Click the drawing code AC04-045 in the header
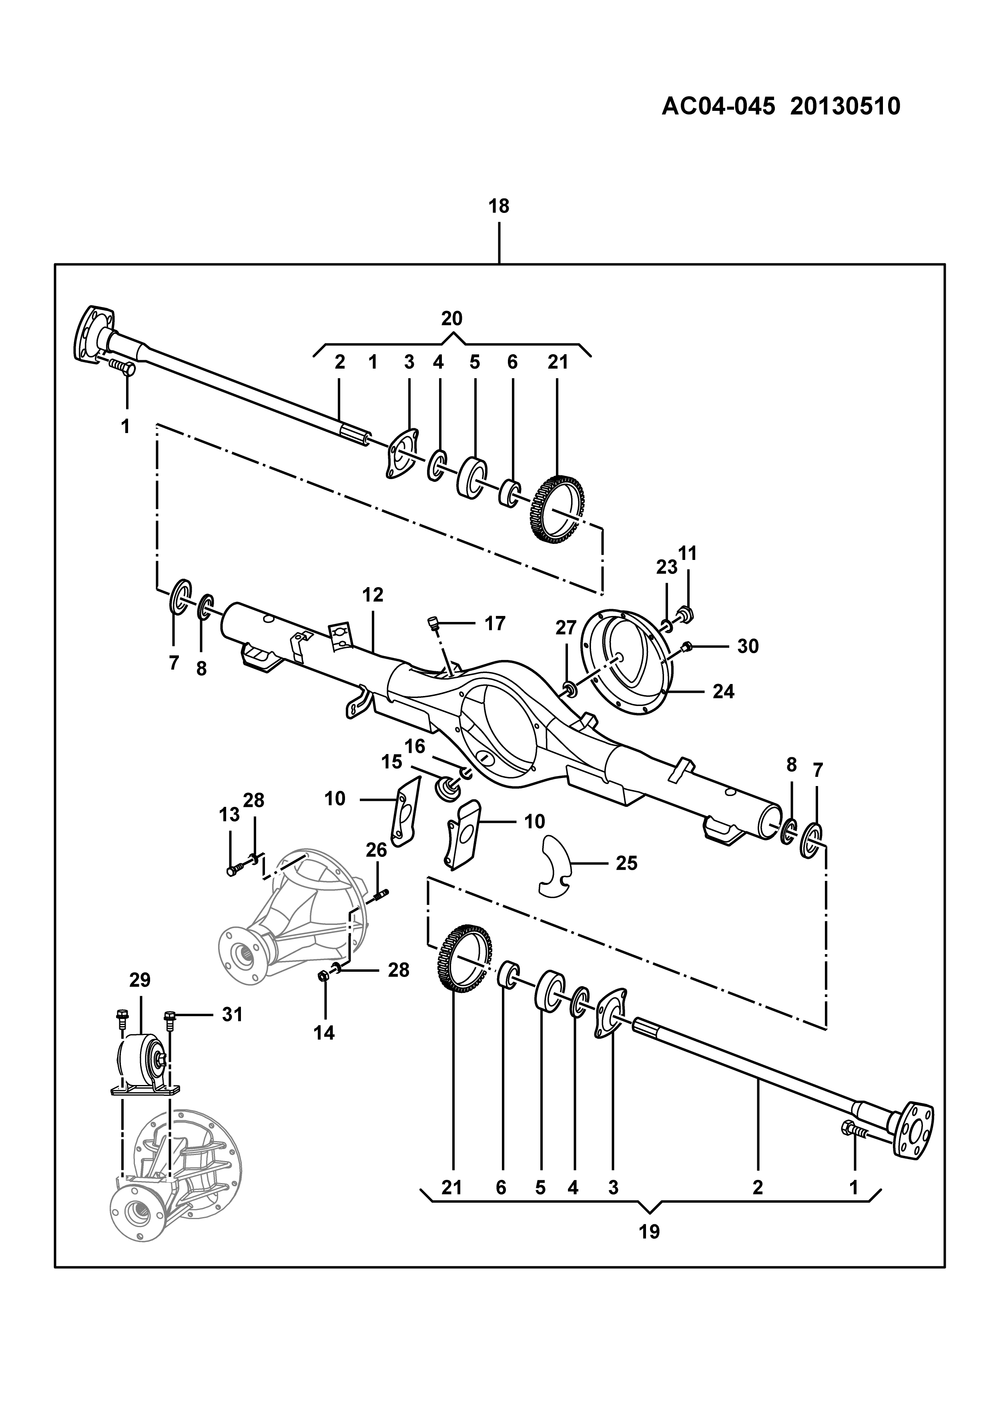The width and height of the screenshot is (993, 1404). (x=719, y=107)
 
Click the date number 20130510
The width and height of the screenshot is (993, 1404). (x=846, y=107)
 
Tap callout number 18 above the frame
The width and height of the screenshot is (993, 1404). (x=499, y=207)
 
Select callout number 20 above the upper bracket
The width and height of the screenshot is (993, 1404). (x=452, y=319)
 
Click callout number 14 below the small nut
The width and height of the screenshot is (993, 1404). (x=324, y=1033)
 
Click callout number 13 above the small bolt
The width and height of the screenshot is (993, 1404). (x=229, y=814)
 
